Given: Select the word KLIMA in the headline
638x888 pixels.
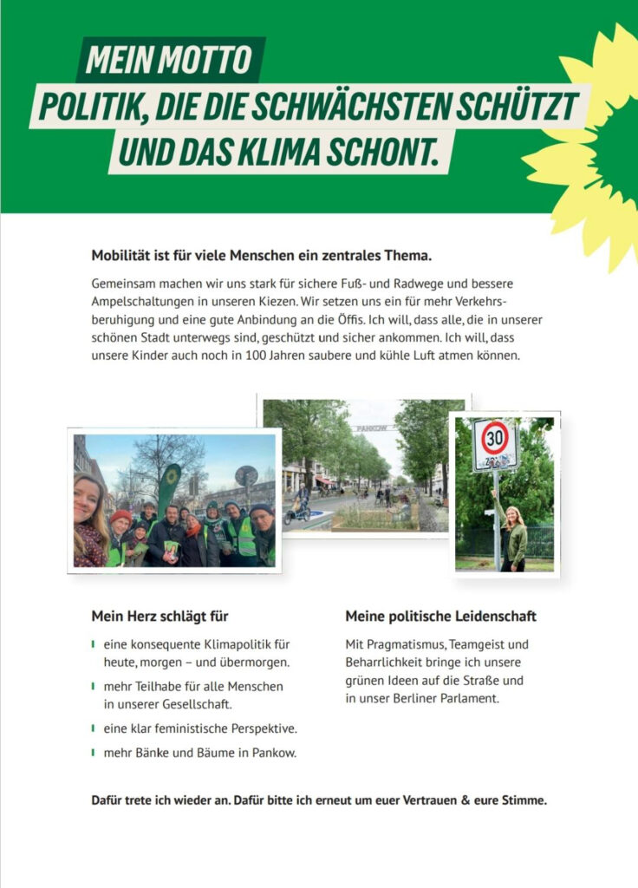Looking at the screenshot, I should [x=279, y=151].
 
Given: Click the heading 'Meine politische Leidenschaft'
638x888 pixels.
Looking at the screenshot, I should [x=440, y=617].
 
